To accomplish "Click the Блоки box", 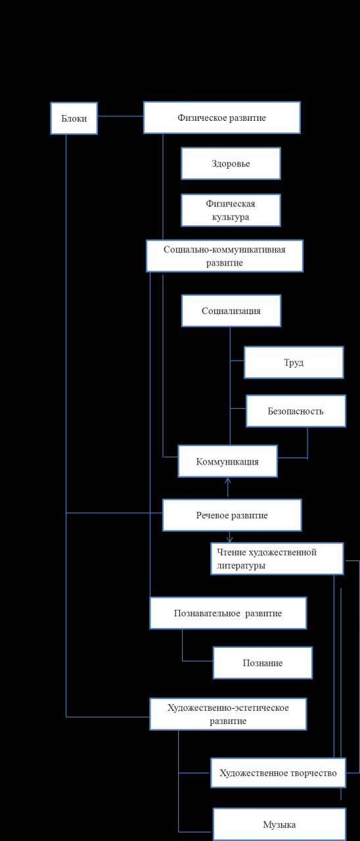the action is pyautogui.click(x=74, y=118).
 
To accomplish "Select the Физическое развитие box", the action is pyautogui.click(x=222, y=118).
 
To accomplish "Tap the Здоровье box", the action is pyautogui.click(x=231, y=164).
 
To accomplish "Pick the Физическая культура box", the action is pyautogui.click(x=231, y=210).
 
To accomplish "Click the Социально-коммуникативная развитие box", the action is pyautogui.click(x=225, y=256).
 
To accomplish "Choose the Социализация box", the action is pyautogui.click(x=231, y=311).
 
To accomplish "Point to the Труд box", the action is pyautogui.click(x=294, y=362).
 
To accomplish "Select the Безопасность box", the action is pyautogui.click(x=296, y=411).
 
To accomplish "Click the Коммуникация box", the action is pyautogui.click(x=228, y=461).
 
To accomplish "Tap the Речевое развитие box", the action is pyautogui.click(x=232, y=515).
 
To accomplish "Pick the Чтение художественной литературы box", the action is pyautogui.click(x=277, y=558).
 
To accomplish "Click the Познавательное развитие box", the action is pyautogui.click(x=228, y=613).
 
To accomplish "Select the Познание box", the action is pyautogui.click(x=263, y=663).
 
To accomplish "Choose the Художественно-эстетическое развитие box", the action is pyautogui.click(x=228, y=714).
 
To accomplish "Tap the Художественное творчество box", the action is pyautogui.click(x=278, y=773).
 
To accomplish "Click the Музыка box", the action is pyautogui.click(x=279, y=825).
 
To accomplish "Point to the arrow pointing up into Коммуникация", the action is pyautogui.click(x=227, y=488).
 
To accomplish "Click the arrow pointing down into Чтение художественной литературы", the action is pyautogui.click(x=230, y=537).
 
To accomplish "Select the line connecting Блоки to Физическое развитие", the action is pyautogui.click(x=120, y=116).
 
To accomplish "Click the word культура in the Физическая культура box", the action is pyautogui.click(x=231, y=217).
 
